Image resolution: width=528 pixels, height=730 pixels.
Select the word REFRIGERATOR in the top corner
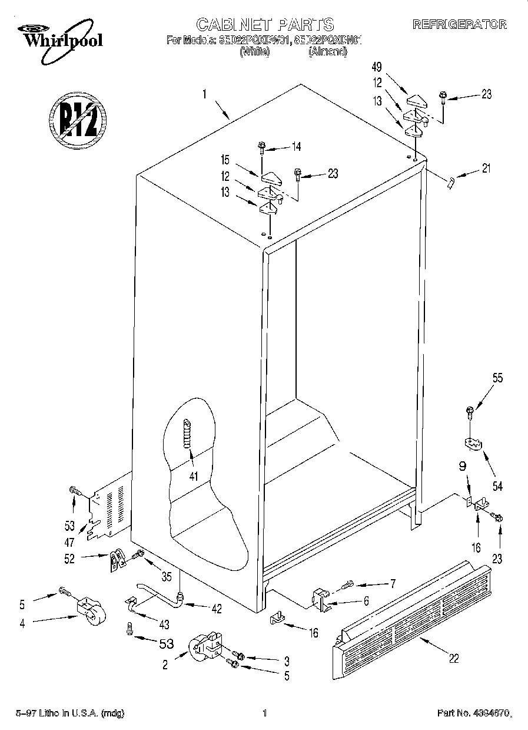pos(459,25)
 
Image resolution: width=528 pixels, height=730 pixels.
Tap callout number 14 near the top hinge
pos(295,147)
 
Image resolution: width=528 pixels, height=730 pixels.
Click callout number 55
pos(497,379)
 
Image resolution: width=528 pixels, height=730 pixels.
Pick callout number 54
pos(498,486)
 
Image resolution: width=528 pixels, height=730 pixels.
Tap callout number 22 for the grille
pos(453,659)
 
